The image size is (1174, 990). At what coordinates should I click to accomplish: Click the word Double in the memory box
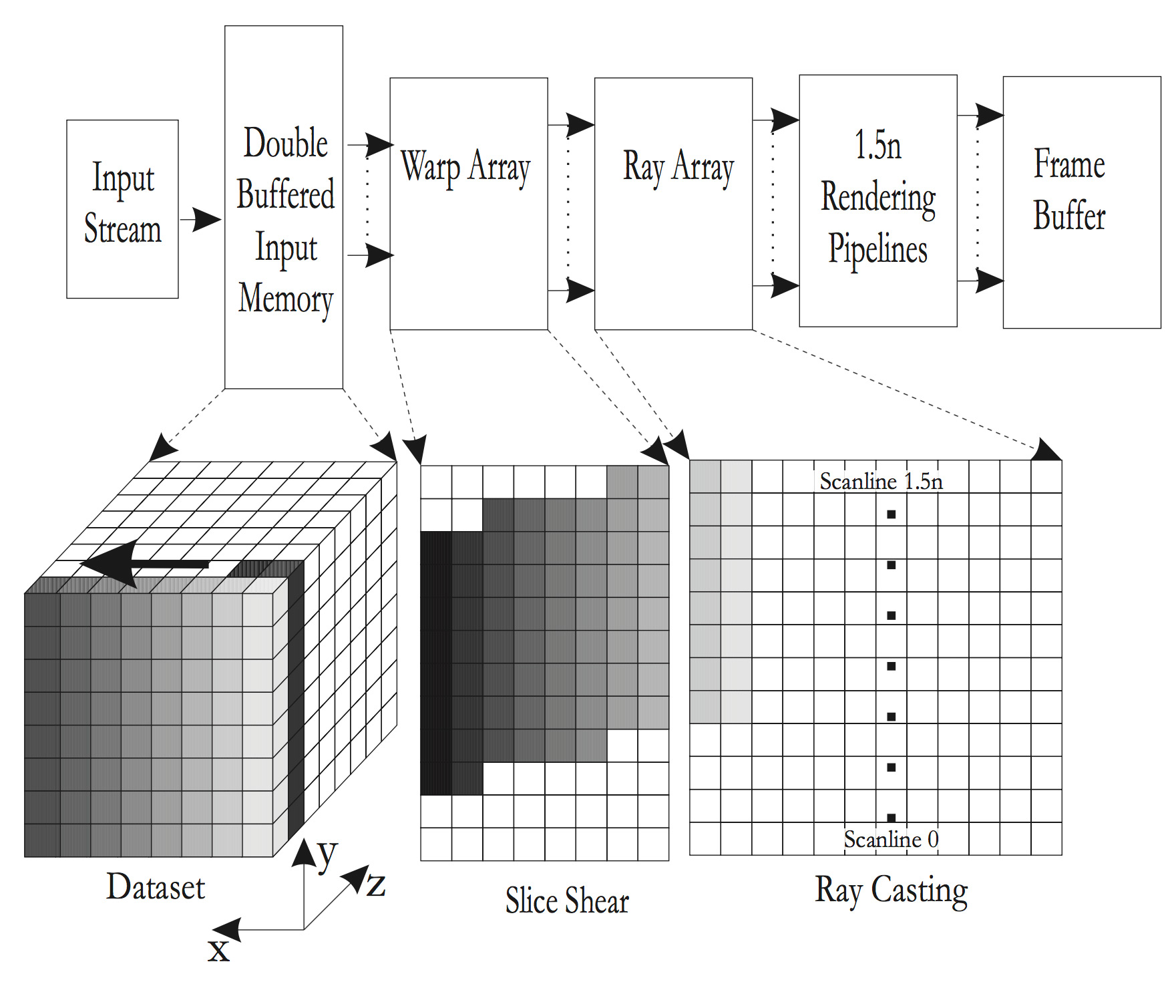285,143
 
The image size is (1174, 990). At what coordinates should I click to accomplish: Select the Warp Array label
465,167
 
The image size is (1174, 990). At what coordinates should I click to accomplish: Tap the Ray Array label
678,167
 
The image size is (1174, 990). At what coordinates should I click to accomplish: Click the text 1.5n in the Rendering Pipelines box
877,146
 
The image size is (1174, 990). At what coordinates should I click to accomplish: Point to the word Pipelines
877,249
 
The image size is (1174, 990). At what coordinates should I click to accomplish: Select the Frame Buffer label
1069,190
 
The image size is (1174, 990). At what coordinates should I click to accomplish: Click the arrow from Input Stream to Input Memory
201,218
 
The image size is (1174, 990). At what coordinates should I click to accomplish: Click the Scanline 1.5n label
881,482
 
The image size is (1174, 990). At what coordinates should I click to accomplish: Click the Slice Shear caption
567,900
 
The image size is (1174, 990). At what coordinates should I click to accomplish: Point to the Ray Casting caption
891,890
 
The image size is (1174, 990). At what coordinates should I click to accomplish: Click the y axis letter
327,856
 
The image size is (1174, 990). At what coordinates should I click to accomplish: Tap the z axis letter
376,886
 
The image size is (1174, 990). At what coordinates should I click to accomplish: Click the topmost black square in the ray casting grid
891,514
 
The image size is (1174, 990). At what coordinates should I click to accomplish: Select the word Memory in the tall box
285,299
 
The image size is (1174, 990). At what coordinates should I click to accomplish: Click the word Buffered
285,194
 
